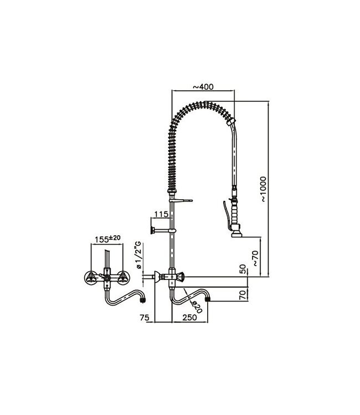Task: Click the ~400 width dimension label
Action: click(203, 87)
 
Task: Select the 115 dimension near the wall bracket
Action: click(161, 214)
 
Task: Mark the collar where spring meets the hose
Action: click(234, 121)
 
